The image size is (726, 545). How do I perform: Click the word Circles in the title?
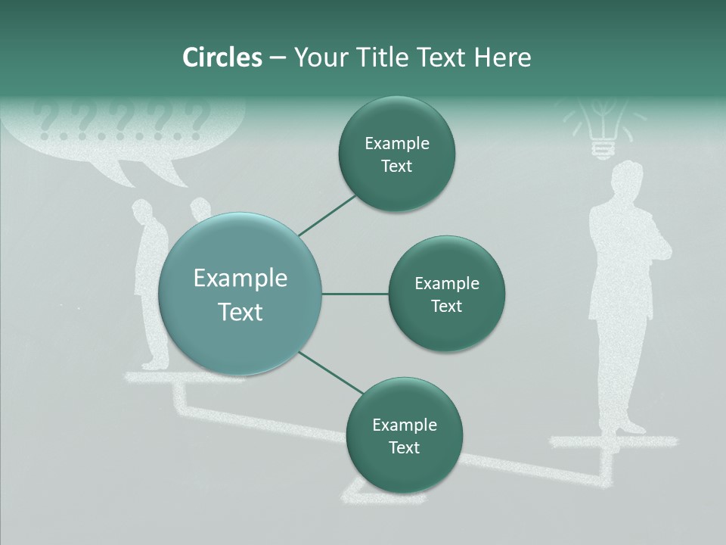pyautogui.click(x=222, y=58)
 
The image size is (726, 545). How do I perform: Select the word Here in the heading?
pyautogui.click(x=503, y=58)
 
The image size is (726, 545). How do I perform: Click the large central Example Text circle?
pyautogui.click(x=240, y=294)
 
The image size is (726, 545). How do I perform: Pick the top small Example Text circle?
pyautogui.click(x=397, y=154)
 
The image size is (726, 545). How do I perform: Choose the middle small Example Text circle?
pyautogui.click(x=446, y=294)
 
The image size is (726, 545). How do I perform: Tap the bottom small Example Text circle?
pyautogui.click(x=404, y=435)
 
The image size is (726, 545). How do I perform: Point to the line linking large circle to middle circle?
pyautogui.click(x=355, y=294)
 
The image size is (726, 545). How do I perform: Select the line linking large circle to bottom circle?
pyautogui.click(x=330, y=372)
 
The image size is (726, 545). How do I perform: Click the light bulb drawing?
pyautogui.click(x=602, y=125)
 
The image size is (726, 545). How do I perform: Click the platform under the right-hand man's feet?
pyautogui.click(x=613, y=441)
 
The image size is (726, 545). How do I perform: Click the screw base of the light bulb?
pyautogui.click(x=602, y=149)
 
